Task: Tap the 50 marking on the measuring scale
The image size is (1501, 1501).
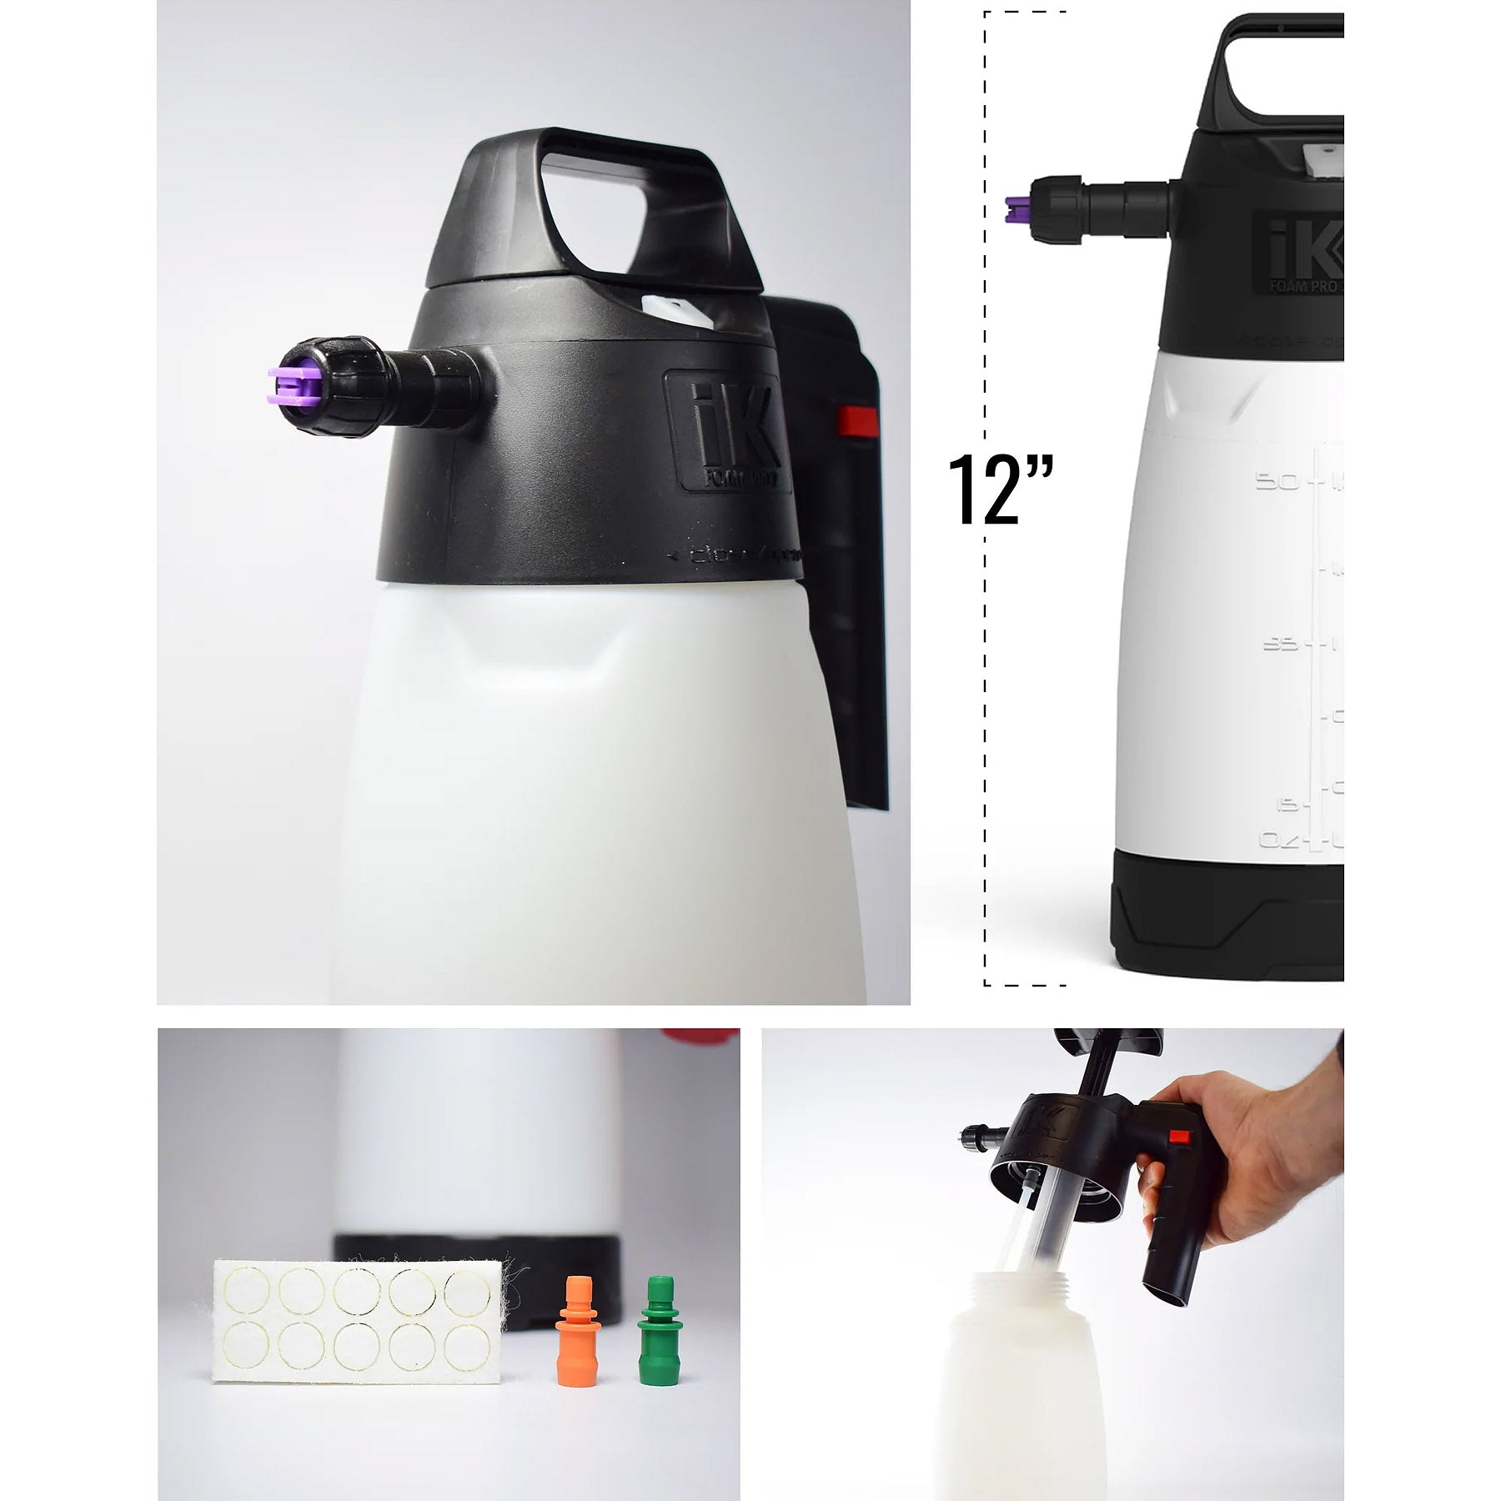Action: click(x=1276, y=482)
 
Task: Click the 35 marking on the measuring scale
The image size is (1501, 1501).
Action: click(x=1281, y=644)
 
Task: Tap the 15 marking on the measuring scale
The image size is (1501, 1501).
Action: click(x=1289, y=805)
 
